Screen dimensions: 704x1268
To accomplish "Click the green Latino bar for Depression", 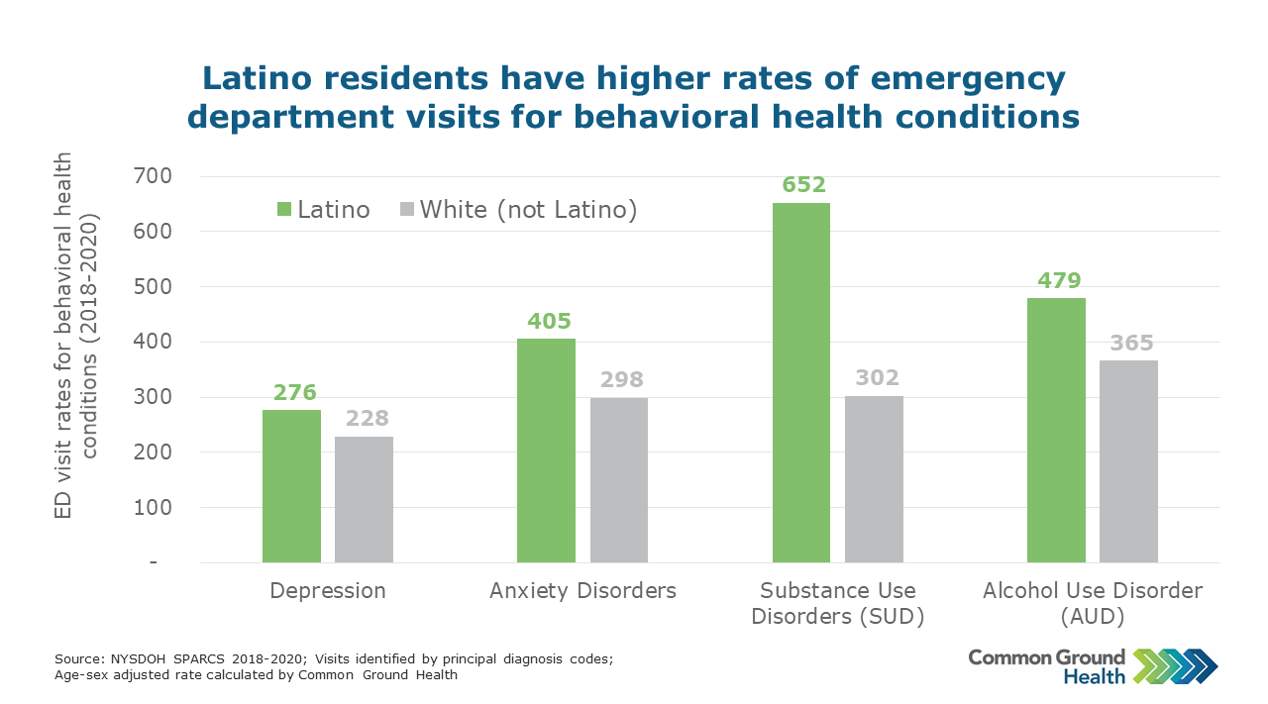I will click(291, 486).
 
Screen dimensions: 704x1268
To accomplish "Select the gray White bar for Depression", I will click(364, 499).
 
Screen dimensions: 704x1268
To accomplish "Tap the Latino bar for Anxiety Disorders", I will click(546, 451).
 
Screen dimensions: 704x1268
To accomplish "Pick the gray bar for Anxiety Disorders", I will click(619, 480).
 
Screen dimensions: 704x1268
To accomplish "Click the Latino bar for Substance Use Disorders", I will click(800, 382).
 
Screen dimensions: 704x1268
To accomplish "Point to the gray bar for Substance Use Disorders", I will click(874, 479).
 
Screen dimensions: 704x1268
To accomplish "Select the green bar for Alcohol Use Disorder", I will click(1056, 430).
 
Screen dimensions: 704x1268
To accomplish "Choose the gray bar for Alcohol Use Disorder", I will click(1128, 461).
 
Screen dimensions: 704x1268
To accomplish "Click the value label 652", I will click(801, 185).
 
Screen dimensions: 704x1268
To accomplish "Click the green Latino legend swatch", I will click(283, 210).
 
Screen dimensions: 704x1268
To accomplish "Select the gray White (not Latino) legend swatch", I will click(406, 210).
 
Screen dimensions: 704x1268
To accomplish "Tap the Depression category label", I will click(328, 591).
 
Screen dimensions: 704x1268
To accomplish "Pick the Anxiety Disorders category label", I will click(582, 591).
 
